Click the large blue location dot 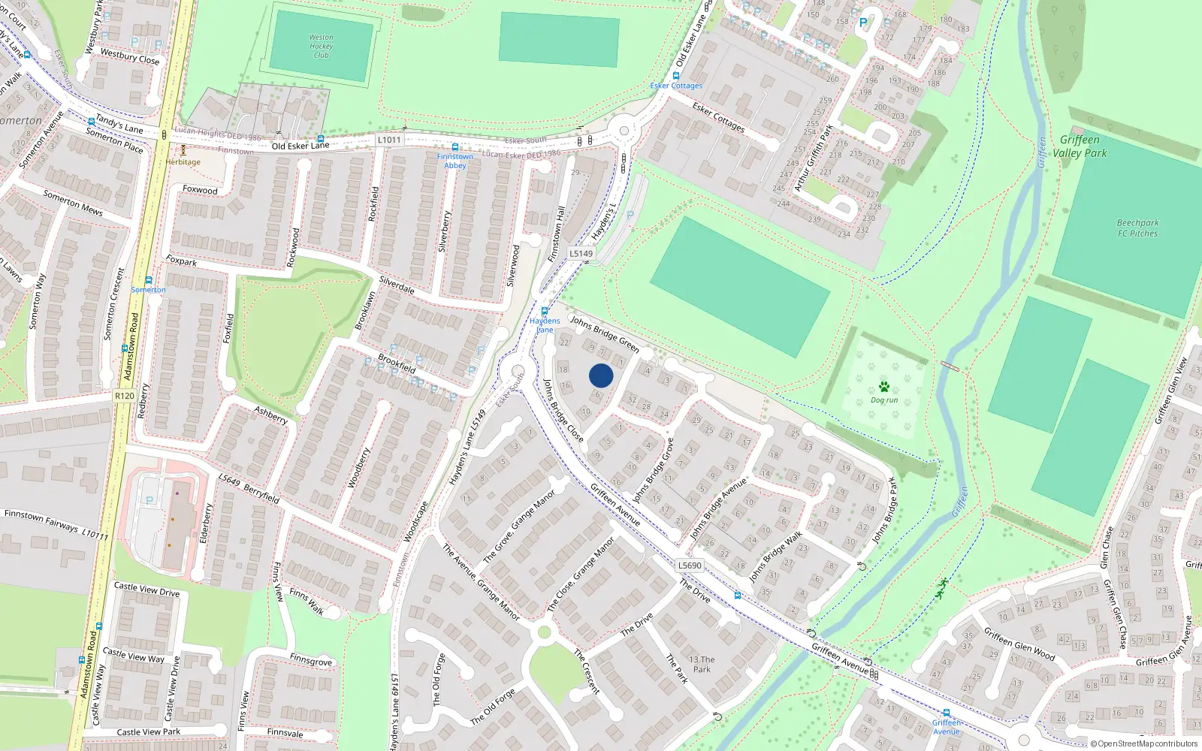601,375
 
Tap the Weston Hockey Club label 321,46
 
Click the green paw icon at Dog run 884,388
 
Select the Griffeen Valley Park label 1080,146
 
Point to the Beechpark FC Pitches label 1137,228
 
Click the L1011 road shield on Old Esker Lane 389,140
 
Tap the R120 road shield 125,396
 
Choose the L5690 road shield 689,566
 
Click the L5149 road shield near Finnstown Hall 581,254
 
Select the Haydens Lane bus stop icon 545,312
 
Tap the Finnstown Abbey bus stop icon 455,147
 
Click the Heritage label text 183,162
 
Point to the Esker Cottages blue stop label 676,86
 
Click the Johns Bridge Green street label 605,334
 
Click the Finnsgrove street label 310,660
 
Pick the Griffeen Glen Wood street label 1019,644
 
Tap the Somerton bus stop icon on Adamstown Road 149,280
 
